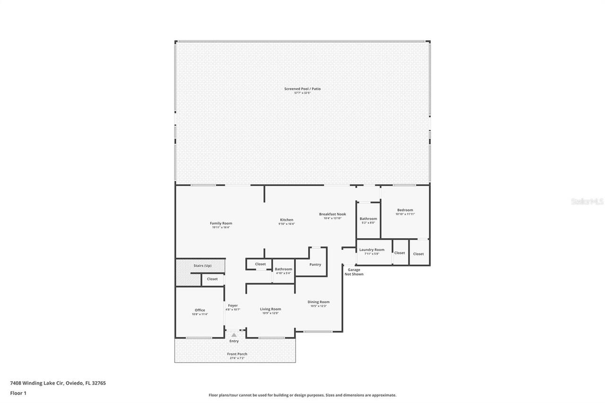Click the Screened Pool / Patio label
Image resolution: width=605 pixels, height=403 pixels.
click(x=302, y=89)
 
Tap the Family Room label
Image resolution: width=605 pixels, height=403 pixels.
click(x=221, y=223)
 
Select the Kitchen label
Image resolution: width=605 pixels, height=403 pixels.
click(x=286, y=220)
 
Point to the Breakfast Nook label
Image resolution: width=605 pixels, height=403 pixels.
click(x=332, y=214)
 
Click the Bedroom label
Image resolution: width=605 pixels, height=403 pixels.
click(x=405, y=210)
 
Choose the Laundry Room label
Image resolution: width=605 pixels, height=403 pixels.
click(x=372, y=250)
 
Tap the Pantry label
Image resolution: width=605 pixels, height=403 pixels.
click(x=315, y=265)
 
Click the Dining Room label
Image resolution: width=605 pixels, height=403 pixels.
click(x=318, y=302)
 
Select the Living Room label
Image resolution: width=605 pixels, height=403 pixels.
click(x=270, y=309)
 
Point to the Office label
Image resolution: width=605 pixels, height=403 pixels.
click(x=200, y=310)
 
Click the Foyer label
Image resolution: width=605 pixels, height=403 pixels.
click(x=233, y=306)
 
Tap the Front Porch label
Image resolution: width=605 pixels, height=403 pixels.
click(x=237, y=354)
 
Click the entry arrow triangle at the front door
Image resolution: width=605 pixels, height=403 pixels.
click(x=234, y=335)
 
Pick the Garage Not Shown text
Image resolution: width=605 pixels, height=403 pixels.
click(x=354, y=272)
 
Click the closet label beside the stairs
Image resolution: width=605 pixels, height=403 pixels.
click(x=212, y=279)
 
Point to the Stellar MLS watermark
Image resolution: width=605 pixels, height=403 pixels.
click(x=587, y=202)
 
